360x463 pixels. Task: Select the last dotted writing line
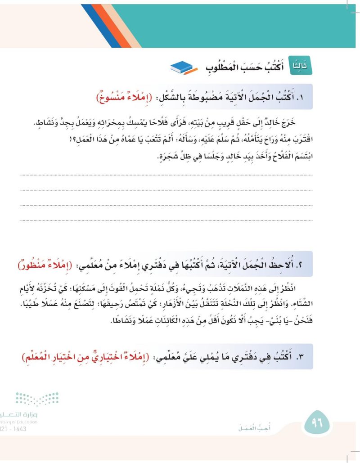166,220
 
